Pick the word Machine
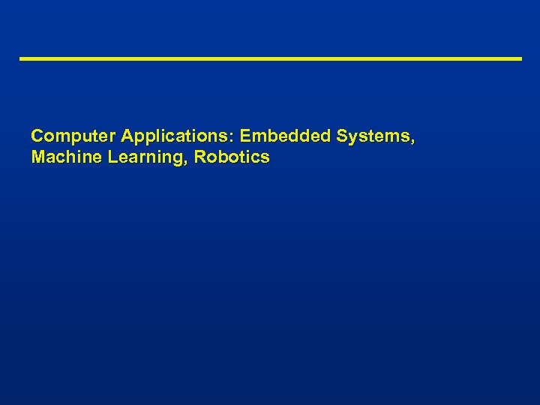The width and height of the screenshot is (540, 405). [61, 157]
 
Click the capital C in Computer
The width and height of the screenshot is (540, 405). [37, 137]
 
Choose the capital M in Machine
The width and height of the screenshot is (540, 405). [38, 157]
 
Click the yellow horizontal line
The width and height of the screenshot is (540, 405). [270, 58]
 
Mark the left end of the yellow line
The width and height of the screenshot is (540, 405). [21, 58]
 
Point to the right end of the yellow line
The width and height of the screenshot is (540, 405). [520, 58]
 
